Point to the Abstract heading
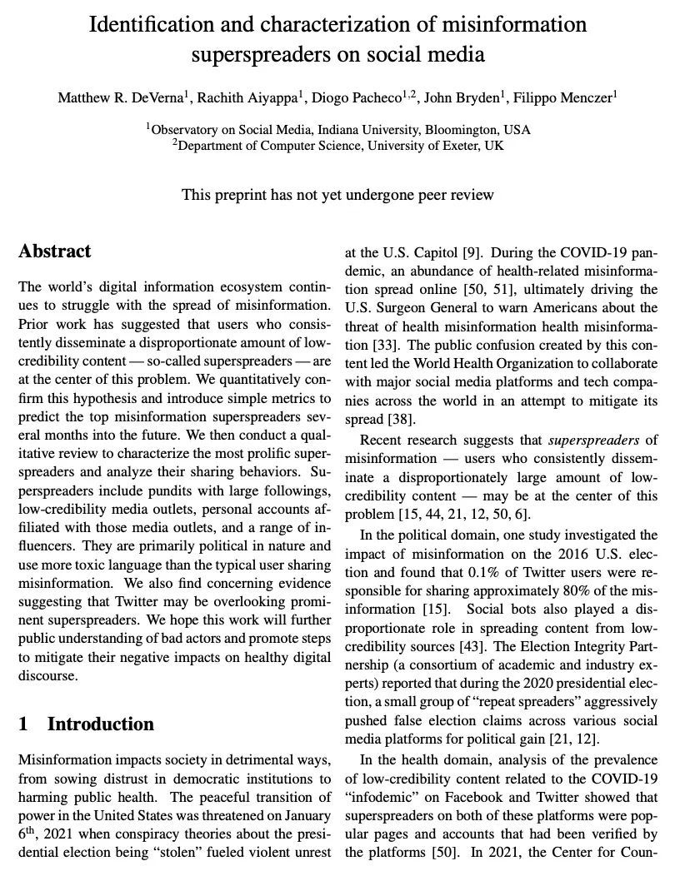pos(55,251)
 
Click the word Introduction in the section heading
pos(101,724)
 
